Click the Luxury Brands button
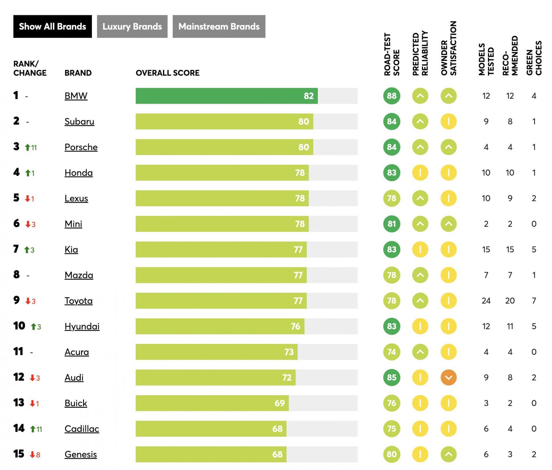(x=132, y=26)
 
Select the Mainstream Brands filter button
(x=219, y=26)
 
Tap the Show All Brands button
(x=52, y=26)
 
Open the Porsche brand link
(x=81, y=147)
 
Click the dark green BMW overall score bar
(x=226, y=96)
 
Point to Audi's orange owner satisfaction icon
(x=448, y=377)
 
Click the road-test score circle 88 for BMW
(x=392, y=96)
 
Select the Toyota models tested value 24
(x=486, y=301)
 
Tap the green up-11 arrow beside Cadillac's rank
(x=36, y=429)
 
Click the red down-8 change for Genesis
(x=35, y=455)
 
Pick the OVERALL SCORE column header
(x=167, y=73)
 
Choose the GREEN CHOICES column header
(x=534, y=58)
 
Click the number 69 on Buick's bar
(x=279, y=403)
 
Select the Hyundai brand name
(x=82, y=326)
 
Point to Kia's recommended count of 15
(x=510, y=249)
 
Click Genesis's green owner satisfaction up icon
(x=448, y=454)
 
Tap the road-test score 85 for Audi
(x=392, y=377)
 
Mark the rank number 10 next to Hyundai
(x=19, y=326)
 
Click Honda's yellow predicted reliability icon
(x=420, y=173)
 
